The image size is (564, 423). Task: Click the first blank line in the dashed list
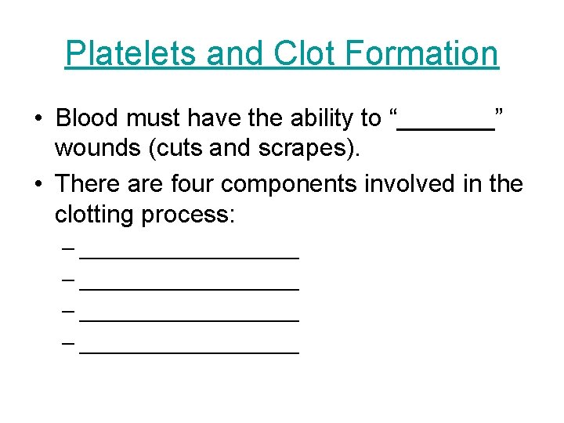190,255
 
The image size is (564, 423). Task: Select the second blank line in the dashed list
190,287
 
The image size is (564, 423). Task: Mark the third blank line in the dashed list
190,320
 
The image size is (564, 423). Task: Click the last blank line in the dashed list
190,352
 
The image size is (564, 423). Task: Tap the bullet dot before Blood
38,119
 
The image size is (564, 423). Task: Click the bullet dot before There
38,185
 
